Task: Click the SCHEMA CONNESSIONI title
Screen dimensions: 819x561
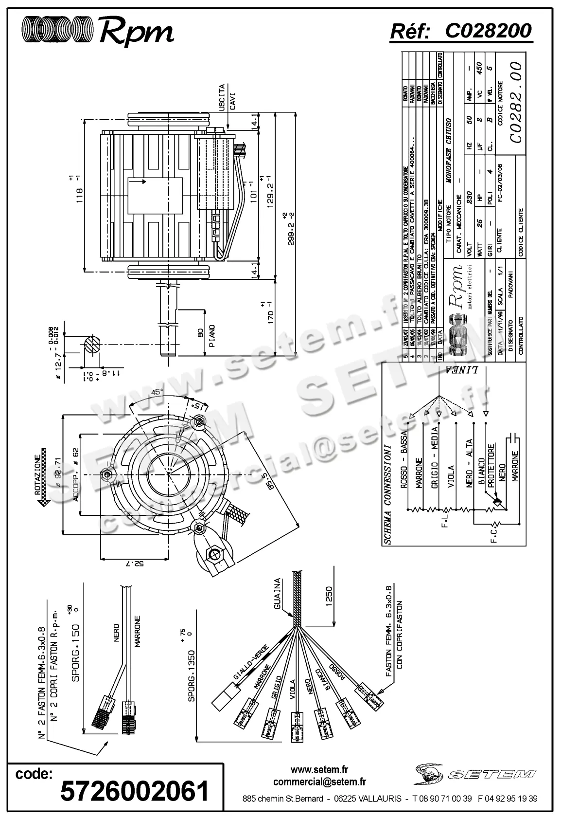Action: (x=387, y=492)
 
